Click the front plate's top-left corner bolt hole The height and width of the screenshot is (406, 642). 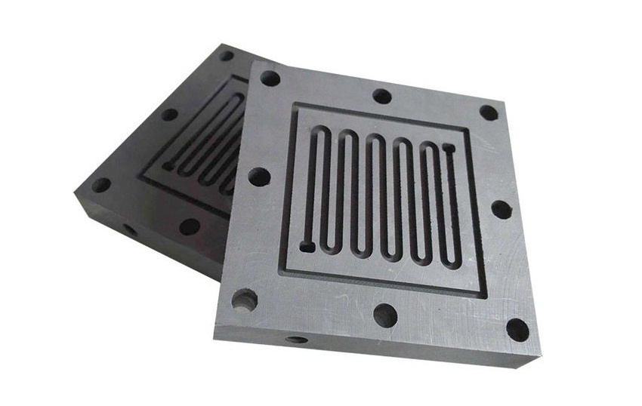coord(270,78)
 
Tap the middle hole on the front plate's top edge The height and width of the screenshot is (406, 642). coord(382,97)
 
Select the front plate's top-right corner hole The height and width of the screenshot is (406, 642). coord(489,113)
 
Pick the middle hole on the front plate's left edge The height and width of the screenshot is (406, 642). coord(258,177)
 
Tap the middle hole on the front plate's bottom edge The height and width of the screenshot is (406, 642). coord(385,315)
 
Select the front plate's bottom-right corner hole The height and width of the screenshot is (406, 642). coord(517,330)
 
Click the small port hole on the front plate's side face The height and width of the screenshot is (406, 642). coord(297,340)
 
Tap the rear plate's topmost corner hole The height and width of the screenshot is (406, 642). coord(226,55)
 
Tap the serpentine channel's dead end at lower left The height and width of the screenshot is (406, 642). coord(307,245)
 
